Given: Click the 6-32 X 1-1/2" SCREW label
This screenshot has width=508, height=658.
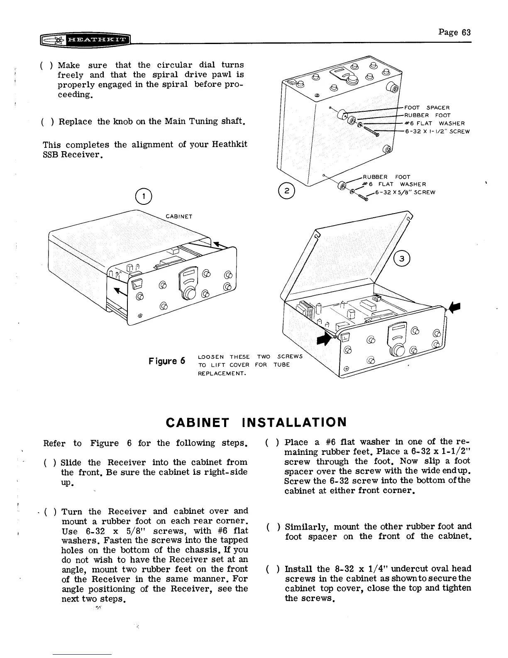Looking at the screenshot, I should pyautogui.click(x=437, y=132).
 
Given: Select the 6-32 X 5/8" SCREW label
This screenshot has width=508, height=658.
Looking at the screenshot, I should pyautogui.click(x=405, y=192).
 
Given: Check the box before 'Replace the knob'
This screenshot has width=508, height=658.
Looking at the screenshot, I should pyautogui.click(x=47, y=122).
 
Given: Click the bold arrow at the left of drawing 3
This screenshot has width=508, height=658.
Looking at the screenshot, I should pyautogui.click(x=322, y=339).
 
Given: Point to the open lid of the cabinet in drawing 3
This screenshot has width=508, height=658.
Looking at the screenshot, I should pyautogui.click(x=353, y=253).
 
